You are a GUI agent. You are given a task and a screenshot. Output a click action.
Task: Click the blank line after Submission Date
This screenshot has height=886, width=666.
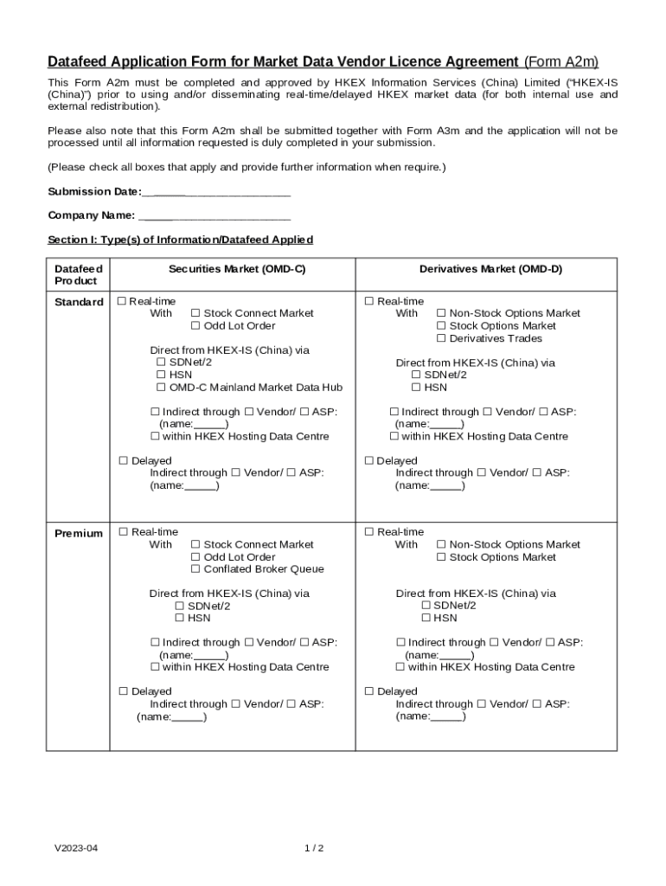pos(215,192)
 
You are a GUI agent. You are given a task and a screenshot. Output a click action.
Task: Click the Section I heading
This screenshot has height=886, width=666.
pos(180,240)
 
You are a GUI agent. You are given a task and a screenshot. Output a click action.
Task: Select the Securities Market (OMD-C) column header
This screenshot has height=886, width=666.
pos(236,269)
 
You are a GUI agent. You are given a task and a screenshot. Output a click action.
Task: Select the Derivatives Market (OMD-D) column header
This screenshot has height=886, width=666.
pos(490,269)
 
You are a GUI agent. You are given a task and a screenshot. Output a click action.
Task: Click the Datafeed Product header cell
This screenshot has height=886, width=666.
pos(78,275)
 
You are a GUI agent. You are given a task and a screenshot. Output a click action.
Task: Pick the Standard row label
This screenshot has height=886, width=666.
pos(79,302)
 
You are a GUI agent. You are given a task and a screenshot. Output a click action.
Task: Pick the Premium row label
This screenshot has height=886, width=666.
pos(79,533)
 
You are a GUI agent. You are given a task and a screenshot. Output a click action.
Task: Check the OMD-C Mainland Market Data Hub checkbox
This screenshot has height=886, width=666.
pos(161,388)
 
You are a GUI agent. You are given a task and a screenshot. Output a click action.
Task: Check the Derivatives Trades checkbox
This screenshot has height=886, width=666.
pos(441,338)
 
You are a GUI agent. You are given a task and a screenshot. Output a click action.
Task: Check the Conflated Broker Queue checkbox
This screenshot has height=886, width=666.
pos(195,569)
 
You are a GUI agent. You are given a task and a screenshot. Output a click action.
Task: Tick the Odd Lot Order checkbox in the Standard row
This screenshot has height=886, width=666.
pos(195,326)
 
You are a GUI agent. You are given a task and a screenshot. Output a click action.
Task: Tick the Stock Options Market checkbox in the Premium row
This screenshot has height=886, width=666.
pos(441,557)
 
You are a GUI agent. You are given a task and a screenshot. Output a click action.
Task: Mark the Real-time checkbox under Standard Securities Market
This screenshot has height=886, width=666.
pos(123,301)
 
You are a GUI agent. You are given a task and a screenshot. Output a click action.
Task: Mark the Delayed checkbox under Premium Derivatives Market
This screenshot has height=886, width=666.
pos(368,691)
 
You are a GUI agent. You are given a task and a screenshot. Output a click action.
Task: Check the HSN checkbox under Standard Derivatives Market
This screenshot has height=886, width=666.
pos(416,388)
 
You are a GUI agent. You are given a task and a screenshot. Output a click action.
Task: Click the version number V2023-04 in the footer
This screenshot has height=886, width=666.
pos(76,848)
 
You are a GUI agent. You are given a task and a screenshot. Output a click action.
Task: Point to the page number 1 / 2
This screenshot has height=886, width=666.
pos(314,848)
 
